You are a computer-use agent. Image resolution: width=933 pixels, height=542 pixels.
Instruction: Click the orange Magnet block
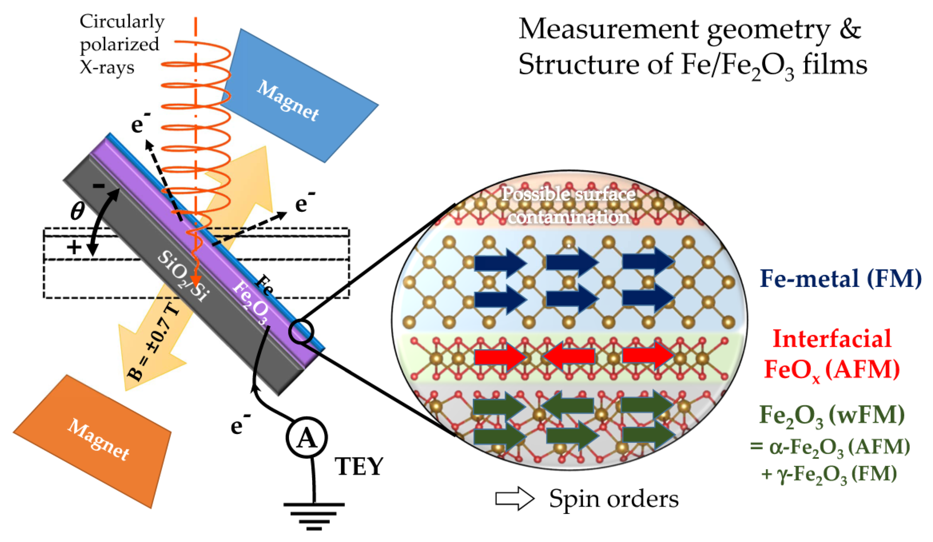(x=93, y=441)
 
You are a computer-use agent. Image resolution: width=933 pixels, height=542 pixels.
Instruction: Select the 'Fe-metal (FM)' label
(x=840, y=278)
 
